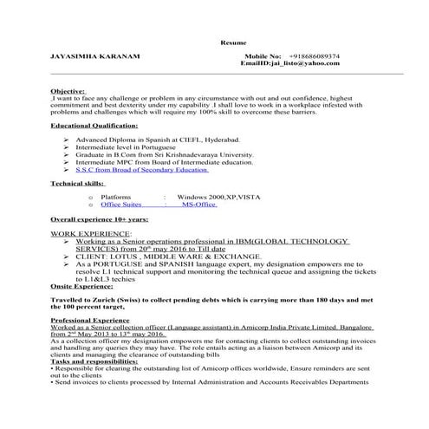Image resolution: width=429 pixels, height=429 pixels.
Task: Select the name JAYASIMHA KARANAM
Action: click(x=83, y=56)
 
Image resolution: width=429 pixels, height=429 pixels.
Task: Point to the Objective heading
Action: click(x=68, y=90)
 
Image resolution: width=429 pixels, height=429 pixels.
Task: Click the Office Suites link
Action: click(x=120, y=206)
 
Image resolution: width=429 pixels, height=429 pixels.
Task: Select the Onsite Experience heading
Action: click(x=81, y=284)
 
